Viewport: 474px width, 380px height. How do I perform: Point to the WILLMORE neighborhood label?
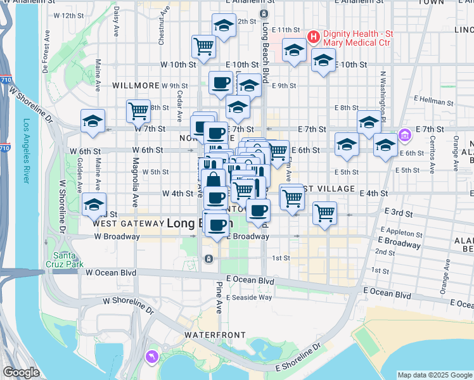tap(136, 85)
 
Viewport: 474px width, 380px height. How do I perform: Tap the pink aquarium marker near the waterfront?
tap(152, 358)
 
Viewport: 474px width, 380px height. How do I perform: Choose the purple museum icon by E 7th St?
tap(405, 135)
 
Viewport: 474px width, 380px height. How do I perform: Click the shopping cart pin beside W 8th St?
tap(138, 111)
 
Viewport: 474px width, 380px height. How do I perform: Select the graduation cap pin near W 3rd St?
tap(94, 205)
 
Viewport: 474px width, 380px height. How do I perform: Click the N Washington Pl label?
tap(383, 89)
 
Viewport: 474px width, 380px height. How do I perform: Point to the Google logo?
tap(21, 372)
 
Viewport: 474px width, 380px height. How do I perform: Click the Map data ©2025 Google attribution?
tap(434, 375)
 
